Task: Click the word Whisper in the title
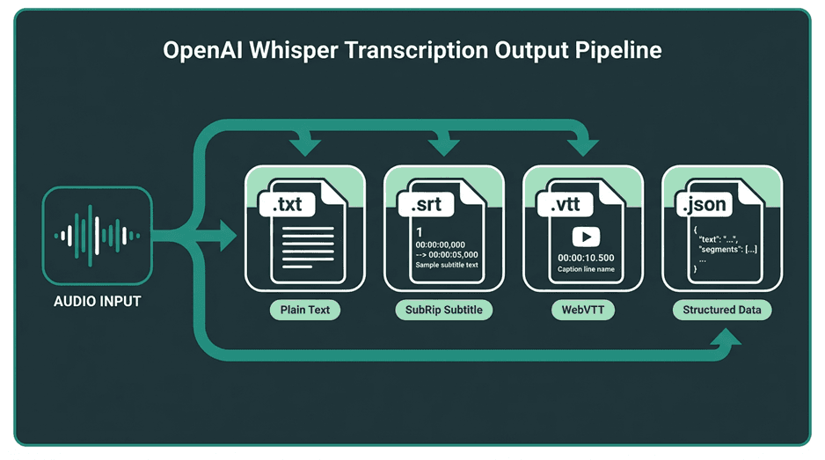tap(293, 51)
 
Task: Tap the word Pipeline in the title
tap(618, 51)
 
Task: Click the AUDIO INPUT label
tap(98, 302)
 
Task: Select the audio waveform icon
tap(98, 236)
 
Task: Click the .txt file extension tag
tap(288, 204)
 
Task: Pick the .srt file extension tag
tap(427, 204)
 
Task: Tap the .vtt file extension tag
tap(565, 204)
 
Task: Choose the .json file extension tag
tap(704, 204)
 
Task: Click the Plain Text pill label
tap(305, 310)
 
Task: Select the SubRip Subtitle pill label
tap(444, 310)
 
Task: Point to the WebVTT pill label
tap(583, 310)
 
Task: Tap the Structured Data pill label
tap(722, 310)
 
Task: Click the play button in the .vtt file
tap(586, 237)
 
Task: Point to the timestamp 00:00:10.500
tap(586, 258)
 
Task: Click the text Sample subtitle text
tap(447, 265)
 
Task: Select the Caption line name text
tap(586, 269)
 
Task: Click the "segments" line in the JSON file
tap(727, 250)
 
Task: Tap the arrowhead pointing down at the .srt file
tap(444, 148)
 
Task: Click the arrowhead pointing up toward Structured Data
tap(726, 337)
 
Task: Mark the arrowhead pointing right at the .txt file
tap(229, 235)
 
